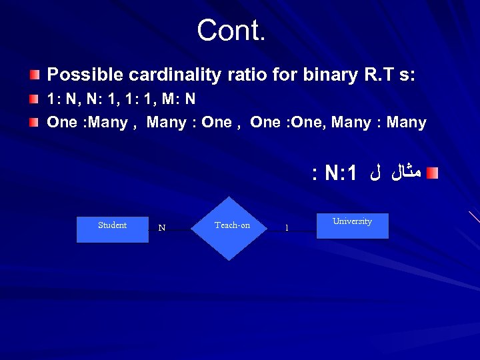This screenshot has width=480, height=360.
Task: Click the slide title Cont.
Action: point(231,30)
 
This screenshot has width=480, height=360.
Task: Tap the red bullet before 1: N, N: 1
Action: point(33,99)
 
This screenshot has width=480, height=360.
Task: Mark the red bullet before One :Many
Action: point(33,121)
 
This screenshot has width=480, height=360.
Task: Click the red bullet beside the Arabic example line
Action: point(433,173)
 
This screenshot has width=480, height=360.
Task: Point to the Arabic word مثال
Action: point(405,174)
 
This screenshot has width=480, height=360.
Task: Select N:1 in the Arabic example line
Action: point(341,174)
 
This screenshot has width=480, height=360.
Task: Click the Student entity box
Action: point(112,229)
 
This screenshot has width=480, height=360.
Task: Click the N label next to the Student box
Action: point(161,228)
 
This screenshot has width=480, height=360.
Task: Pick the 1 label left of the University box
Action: point(287,228)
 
